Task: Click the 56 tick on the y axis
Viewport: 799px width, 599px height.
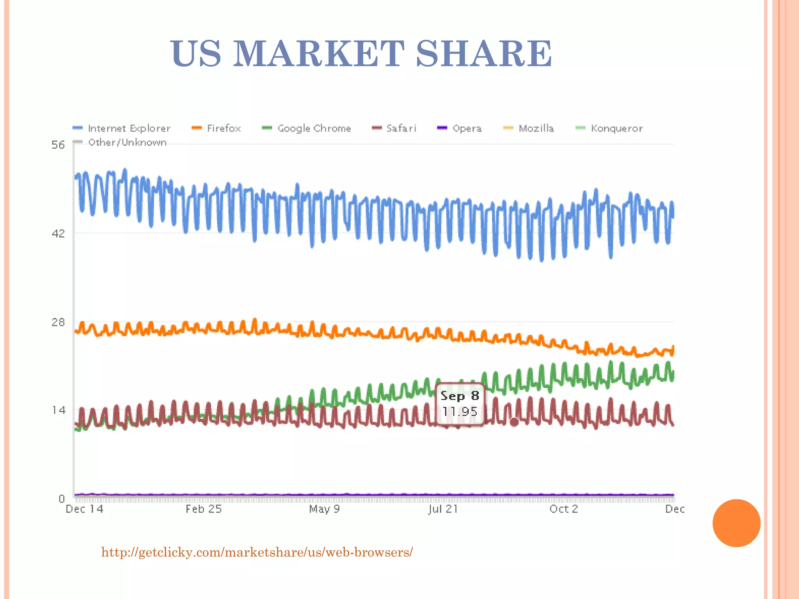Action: (x=58, y=145)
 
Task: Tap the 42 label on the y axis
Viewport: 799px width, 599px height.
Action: (x=58, y=234)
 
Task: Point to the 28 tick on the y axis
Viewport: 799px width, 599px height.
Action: (x=58, y=322)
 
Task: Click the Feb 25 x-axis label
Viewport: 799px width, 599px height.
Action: (x=203, y=509)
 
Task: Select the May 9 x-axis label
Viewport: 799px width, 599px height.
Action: (x=324, y=509)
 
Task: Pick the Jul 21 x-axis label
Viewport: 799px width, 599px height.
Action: (x=443, y=509)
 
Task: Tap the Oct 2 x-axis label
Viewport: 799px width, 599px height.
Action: (x=563, y=509)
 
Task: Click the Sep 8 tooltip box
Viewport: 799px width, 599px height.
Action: (x=460, y=404)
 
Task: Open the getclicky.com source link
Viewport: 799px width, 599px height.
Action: (x=257, y=552)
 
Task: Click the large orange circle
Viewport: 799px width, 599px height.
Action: (x=736, y=523)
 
